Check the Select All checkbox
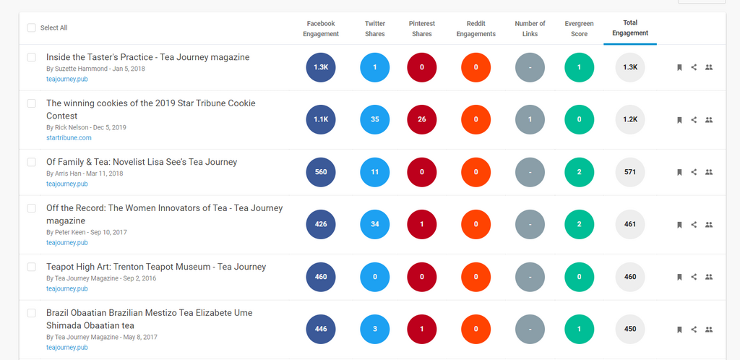coord(31,28)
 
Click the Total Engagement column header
coord(629,28)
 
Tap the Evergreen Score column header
coord(579,28)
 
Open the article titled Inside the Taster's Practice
coord(147,57)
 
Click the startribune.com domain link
coord(69,137)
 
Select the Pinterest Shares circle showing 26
coord(422,120)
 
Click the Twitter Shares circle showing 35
coord(375,120)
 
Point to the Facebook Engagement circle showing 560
coord(321,173)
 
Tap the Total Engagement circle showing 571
coord(629,173)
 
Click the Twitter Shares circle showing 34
coord(375,225)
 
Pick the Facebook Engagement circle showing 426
coord(321,225)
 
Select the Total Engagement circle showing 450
coord(629,330)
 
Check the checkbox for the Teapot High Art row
coord(31,267)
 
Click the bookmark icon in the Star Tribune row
coord(679,120)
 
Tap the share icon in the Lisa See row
coord(694,173)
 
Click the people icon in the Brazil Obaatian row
coord(709,330)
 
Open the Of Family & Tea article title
coord(142,162)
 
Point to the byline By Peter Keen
coord(68,232)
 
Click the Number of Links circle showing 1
coord(530,120)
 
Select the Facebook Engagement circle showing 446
coord(321,330)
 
